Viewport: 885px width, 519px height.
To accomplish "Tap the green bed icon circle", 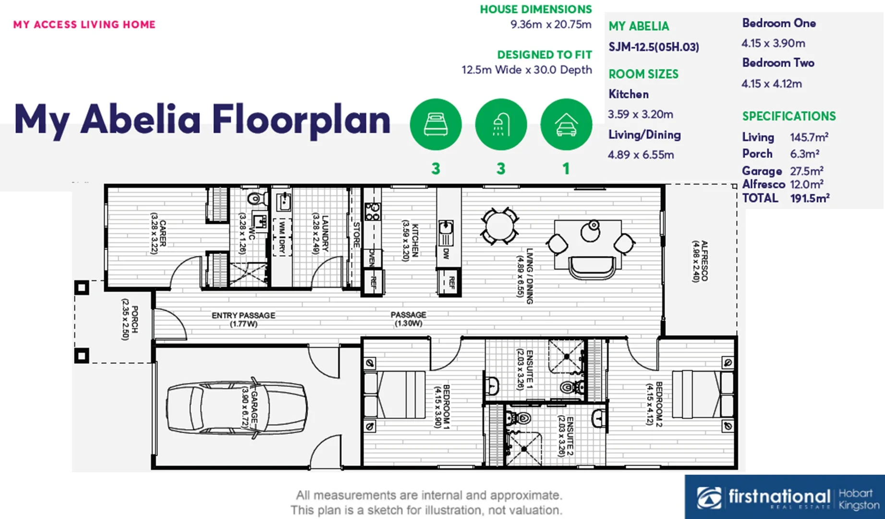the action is (x=436, y=124).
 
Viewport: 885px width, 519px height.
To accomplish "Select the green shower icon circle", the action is (x=501, y=124).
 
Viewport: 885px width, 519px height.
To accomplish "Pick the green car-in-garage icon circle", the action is (x=566, y=124).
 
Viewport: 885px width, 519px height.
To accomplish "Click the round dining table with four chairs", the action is (x=499, y=226).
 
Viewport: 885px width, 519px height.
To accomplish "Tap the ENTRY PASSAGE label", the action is (x=243, y=320).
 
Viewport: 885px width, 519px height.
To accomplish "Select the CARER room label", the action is (x=158, y=234).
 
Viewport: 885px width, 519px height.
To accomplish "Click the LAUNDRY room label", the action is (x=320, y=233).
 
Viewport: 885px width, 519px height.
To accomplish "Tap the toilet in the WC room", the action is (x=257, y=198).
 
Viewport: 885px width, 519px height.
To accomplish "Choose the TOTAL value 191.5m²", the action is (x=810, y=198).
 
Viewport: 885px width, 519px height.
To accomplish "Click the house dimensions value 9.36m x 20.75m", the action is (x=551, y=25).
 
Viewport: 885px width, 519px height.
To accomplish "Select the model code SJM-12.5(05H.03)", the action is (x=654, y=47).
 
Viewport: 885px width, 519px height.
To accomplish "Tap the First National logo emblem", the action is (x=709, y=497).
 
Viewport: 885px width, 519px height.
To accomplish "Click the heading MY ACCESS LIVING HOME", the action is (x=85, y=25).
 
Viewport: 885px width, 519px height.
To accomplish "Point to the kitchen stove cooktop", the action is (x=373, y=211).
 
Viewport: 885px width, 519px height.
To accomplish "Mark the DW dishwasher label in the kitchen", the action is (x=446, y=253).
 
